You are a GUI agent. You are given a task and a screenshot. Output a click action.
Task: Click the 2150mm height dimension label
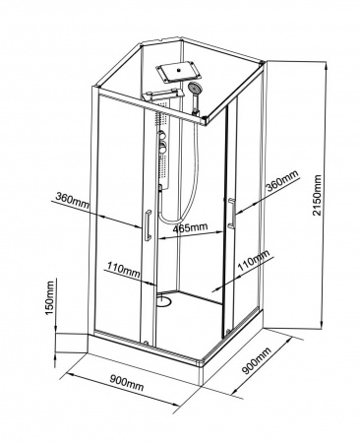[x=317, y=195]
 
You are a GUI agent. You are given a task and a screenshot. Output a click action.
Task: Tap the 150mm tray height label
[x=50, y=297]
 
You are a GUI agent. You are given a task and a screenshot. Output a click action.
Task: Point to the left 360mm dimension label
[x=72, y=200]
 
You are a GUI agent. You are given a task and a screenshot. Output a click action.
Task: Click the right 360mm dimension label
[x=282, y=181]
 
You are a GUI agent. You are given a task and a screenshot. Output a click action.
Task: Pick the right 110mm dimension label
[x=253, y=260]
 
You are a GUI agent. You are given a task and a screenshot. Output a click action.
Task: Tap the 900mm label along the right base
[x=257, y=360]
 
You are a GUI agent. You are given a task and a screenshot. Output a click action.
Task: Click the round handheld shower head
[x=194, y=88]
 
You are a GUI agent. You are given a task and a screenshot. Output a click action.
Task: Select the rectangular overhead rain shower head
[x=178, y=71]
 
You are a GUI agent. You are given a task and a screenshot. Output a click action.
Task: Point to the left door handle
[x=148, y=225]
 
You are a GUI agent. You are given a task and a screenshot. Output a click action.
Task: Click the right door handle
[x=231, y=213]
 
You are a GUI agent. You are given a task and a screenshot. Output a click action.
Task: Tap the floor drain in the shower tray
[x=163, y=300]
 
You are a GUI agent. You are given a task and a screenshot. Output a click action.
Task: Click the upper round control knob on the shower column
[x=162, y=136]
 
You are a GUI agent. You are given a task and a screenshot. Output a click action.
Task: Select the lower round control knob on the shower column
[x=163, y=148]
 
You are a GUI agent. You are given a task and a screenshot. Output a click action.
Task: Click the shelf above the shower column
[x=163, y=95]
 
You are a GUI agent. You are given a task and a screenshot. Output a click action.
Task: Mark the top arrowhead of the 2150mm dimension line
[x=326, y=66]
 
